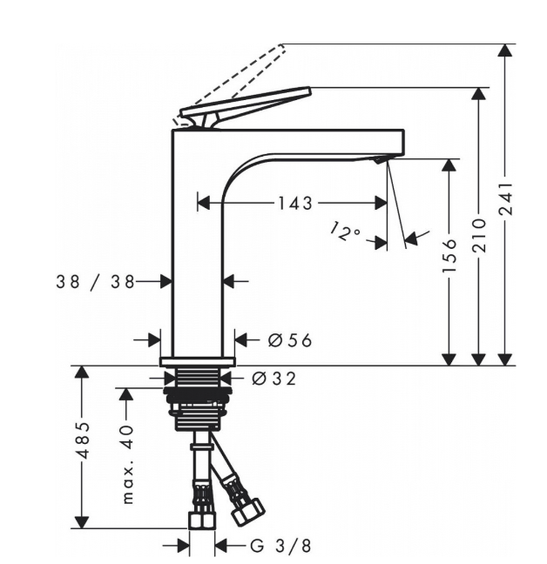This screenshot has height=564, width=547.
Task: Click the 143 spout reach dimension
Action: pyautogui.click(x=295, y=204)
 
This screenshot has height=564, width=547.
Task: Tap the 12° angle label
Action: pyautogui.click(x=345, y=232)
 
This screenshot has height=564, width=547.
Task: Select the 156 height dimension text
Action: pyautogui.click(x=449, y=255)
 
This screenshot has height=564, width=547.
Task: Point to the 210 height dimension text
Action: pyautogui.click(x=479, y=235)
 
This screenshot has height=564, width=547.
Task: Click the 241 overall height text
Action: pyautogui.click(x=505, y=199)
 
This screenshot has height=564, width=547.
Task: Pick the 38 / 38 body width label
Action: pyautogui.click(x=95, y=282)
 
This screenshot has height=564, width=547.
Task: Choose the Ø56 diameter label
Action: pyautogui.click(x=290, y=340)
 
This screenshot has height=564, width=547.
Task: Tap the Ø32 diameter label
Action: pyautogui.click(x=273, y=379)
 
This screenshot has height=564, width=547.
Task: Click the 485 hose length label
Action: pyautogui.click(x=83, y=440)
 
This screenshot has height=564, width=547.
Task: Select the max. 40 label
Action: pyautogui.click(x=128, y=465)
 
